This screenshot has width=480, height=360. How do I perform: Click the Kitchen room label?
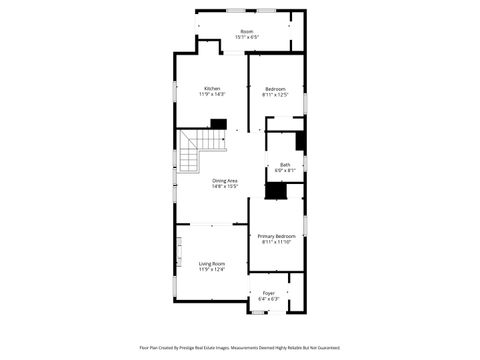point(213,88)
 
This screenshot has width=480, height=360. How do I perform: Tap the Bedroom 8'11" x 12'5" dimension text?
point(275,95)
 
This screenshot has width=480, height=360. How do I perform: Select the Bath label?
point(285,165)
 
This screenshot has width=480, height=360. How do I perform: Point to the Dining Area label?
point(225,180)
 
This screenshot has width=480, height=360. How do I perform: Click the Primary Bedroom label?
point(275,236)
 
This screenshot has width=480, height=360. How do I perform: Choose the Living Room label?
point(211,264)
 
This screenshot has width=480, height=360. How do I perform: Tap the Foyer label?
point(269,293)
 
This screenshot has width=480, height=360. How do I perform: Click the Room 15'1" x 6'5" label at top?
point(246,31)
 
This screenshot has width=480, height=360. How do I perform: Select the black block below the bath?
point(289,189)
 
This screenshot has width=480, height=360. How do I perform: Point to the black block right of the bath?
point(301,141)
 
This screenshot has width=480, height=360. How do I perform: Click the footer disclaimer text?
point(240,348)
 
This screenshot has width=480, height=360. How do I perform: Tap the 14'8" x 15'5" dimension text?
point(225,186)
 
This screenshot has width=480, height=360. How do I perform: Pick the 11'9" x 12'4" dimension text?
point(211,270)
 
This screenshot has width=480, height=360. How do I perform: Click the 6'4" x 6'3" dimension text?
point(269,299)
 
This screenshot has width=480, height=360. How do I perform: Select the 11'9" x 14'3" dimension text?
point(213,94)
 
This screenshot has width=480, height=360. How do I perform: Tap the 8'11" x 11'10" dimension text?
point(275,242)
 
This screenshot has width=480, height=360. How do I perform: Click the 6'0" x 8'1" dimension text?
point(285,171)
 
